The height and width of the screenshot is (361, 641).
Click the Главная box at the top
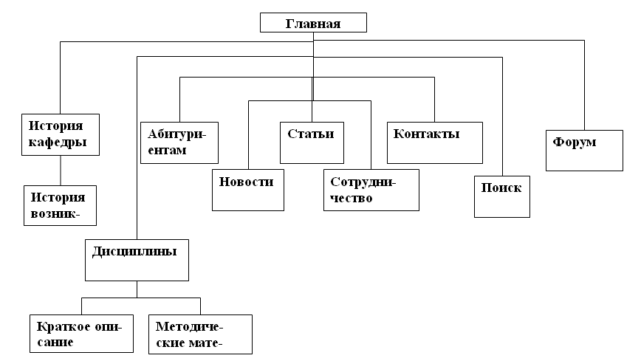(313, 23)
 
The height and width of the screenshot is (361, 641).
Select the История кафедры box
(61, 133)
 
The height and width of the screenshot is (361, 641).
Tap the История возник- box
(60, 204)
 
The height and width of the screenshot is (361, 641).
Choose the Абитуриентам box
(179, 142)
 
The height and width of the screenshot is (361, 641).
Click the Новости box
(247, 189)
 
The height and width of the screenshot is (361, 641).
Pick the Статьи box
(311, 142)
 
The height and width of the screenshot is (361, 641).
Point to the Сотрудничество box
(371, 190)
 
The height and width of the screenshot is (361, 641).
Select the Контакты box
(434, 142)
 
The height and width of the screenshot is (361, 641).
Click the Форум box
(584, 150)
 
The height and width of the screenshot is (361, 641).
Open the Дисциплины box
(137, 260)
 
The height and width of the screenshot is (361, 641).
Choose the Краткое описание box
(81, 334)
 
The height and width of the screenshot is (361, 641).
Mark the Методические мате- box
(200, 334)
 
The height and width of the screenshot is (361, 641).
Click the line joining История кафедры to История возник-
(61, 169)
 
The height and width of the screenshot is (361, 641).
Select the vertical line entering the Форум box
(584, 89)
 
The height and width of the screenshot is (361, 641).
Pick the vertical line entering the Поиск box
(502, 118)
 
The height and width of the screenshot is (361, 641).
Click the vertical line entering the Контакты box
(434, 100)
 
